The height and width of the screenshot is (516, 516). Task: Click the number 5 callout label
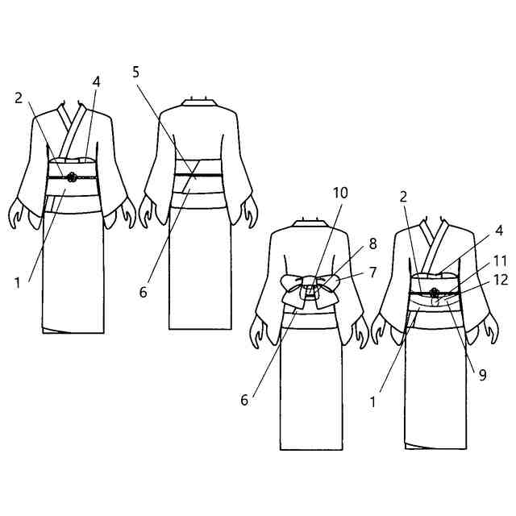136,72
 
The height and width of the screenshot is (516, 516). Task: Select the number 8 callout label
372,242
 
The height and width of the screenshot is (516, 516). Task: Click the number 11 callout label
500,260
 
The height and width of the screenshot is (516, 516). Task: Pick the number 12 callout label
500,280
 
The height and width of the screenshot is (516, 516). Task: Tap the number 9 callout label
481,374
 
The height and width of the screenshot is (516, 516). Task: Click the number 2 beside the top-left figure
19,98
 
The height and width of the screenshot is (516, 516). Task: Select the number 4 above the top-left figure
96,81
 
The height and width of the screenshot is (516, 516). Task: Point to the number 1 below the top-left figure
17,281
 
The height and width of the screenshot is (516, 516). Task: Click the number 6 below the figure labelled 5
143,292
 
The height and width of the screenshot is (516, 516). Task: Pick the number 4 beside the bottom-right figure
499,231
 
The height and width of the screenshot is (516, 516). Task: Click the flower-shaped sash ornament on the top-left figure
70,175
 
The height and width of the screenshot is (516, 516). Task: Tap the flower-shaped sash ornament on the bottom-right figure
435,293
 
